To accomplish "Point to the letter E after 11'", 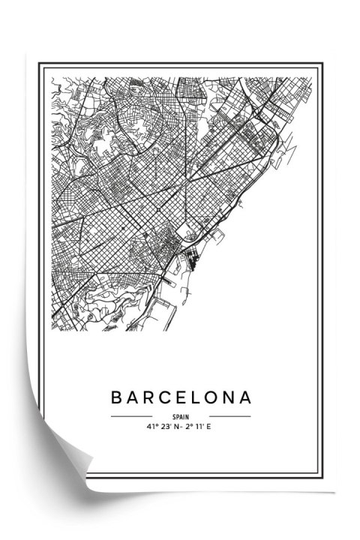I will [211, 427].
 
